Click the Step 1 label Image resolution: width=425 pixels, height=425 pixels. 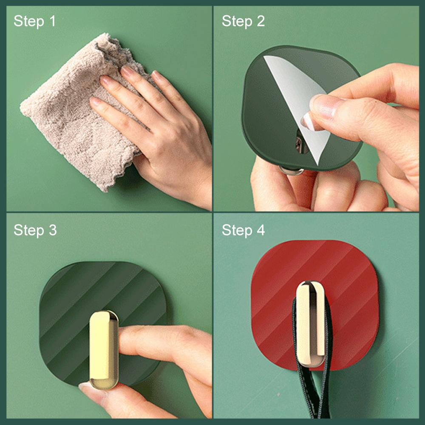[x=34, y=21]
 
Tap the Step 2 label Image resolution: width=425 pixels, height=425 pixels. [x=243, y=21]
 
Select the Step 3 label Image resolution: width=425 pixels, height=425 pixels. [x=35, y=230]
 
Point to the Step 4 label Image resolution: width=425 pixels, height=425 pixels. [x=243, y=230]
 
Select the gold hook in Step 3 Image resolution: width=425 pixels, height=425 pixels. [x=103, y=348]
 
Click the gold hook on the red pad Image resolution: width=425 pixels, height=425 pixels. [x=311, y=323]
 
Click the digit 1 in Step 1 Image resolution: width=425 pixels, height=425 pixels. [x=52, y=21]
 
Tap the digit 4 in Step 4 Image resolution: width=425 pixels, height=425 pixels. [x=260, y=230]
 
